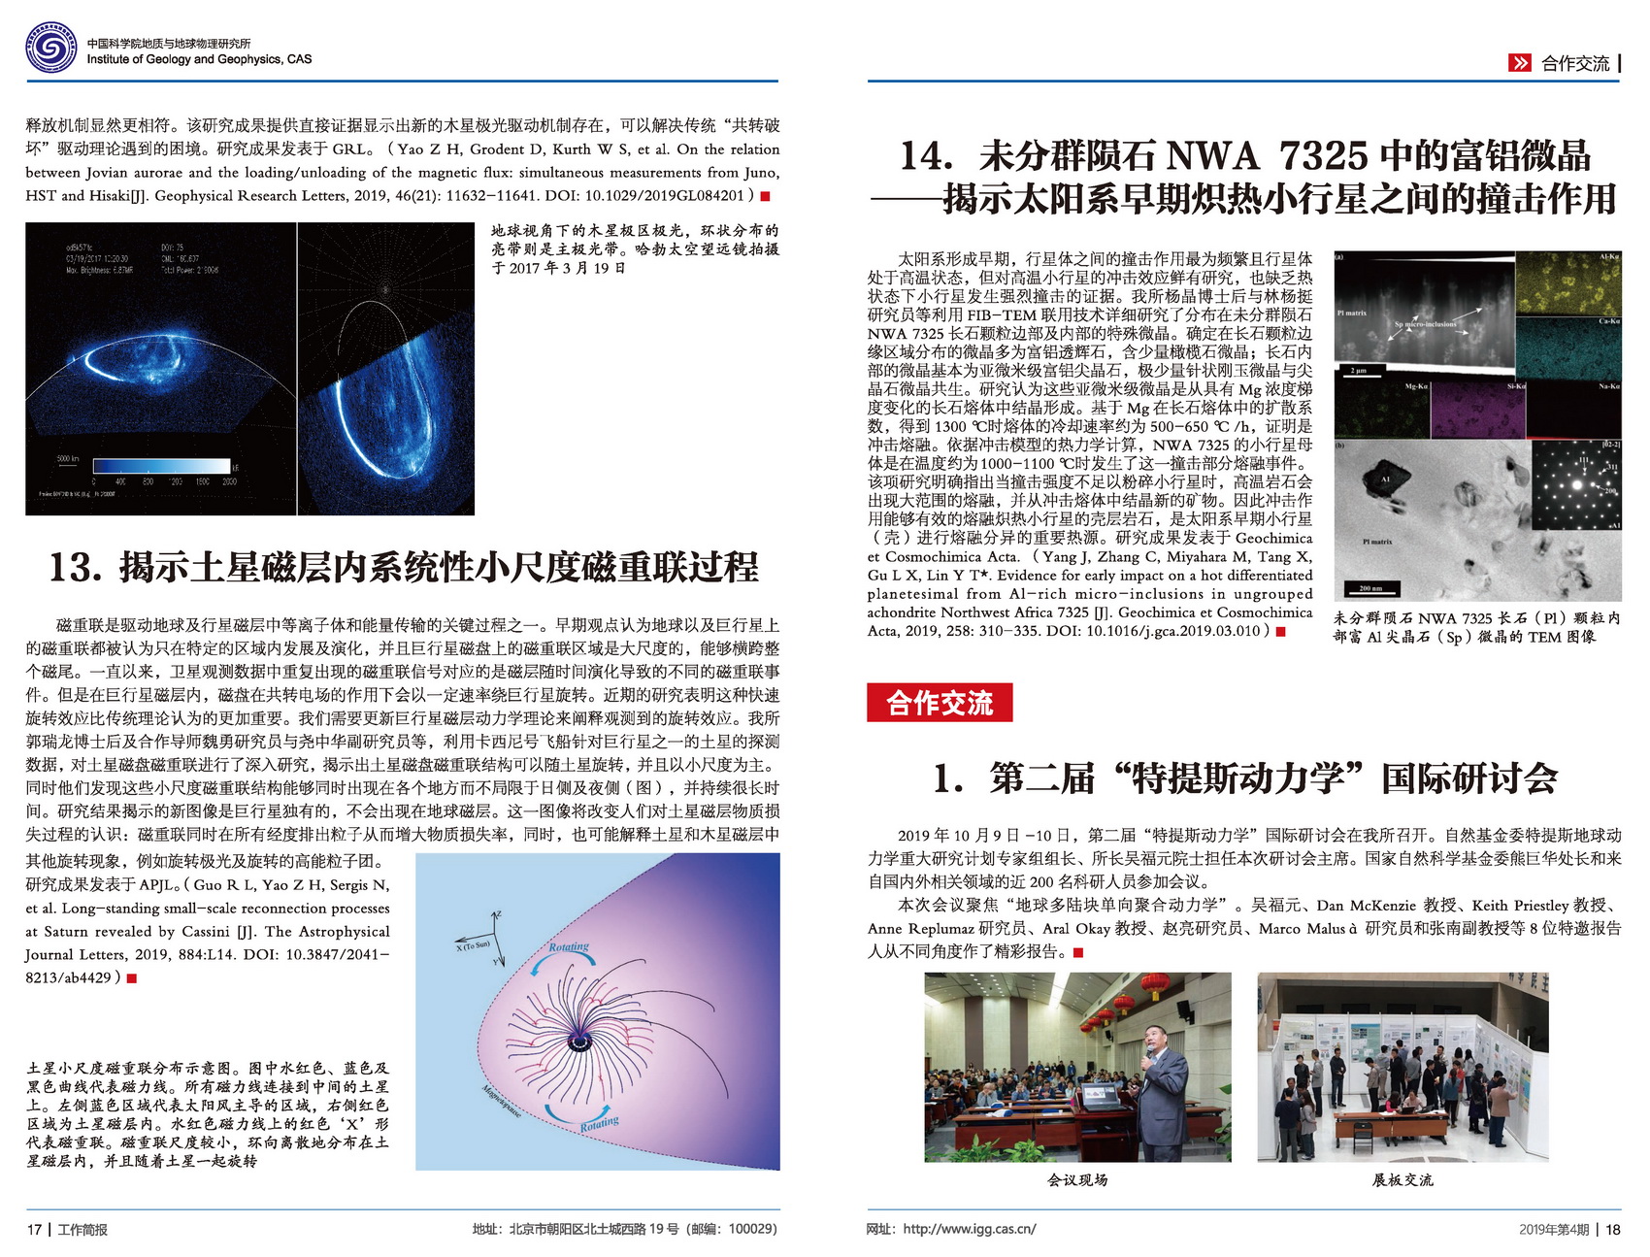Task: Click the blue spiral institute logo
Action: (51, 49)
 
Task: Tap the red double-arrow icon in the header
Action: (1519, 63)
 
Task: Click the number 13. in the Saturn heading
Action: (76, 568)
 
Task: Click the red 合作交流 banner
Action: (939, 703)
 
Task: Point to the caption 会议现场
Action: (1077, 1179)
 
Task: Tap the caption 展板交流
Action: (1402, 1179)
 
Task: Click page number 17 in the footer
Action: (34, 1229)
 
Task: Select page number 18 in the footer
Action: (1613, 1229)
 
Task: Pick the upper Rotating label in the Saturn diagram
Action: (569, 946)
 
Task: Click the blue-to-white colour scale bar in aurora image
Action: (161, 466)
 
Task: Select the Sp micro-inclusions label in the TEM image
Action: (1425, 324)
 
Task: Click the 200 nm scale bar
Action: (1369, 588)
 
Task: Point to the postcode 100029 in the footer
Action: (752, 1229)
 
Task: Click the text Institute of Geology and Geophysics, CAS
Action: (199, 59)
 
